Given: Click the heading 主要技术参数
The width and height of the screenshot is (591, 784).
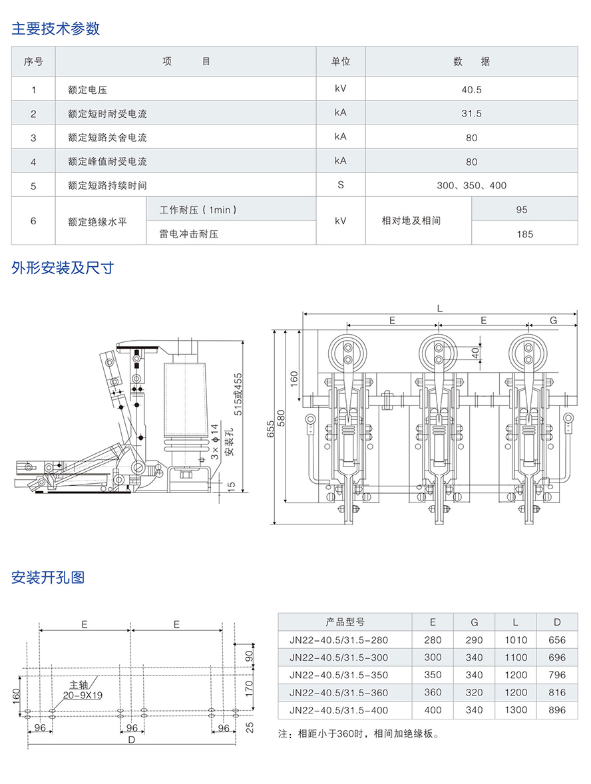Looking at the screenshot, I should point(56,29).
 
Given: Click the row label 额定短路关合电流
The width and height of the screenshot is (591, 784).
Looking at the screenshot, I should point(107,138).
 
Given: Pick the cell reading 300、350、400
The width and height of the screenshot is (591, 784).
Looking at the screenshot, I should point(471,186).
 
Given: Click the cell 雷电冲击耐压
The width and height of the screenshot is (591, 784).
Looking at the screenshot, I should point(189,234).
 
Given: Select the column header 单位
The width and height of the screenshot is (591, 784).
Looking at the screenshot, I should point(341,62).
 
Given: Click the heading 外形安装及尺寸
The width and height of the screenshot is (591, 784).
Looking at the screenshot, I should point(63,268).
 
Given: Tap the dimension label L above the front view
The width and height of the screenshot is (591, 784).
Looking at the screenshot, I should point(440,308).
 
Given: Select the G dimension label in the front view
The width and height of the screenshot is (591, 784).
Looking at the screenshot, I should point(553,321).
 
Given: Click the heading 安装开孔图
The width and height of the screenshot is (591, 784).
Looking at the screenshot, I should point(48,577).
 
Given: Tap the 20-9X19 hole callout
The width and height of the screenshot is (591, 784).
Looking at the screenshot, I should point(82,694).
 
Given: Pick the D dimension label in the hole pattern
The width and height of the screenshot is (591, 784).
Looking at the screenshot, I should point(132,739).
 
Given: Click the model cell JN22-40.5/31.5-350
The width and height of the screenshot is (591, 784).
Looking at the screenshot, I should point(338,675).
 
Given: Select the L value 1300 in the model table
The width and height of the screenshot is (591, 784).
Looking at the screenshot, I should point(516,710).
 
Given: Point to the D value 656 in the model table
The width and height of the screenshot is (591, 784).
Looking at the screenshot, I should point(557,640).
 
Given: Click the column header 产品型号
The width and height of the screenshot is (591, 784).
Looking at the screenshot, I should point(345,622).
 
